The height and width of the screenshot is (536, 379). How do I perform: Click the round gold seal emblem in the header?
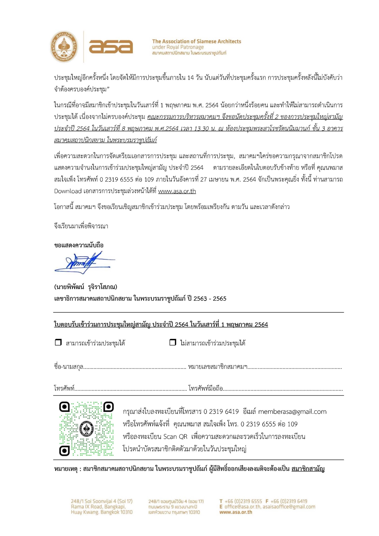click(64, 47)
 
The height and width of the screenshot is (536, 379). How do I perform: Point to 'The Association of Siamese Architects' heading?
click(196, 41)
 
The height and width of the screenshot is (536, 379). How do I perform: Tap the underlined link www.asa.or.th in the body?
click(177, 191)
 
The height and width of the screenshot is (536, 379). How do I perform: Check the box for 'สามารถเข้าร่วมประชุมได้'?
click(58, 342)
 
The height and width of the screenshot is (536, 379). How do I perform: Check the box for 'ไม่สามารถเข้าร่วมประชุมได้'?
click(173, 342)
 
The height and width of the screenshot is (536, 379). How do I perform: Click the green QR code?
click(86, 428)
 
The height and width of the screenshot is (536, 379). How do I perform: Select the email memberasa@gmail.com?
click(292, 412)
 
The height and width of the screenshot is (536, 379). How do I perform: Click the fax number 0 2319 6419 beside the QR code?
click(221, 412)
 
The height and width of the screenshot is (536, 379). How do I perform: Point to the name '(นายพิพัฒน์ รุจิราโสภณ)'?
click(86, 287)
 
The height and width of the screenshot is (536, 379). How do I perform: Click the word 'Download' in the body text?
click(68, 191)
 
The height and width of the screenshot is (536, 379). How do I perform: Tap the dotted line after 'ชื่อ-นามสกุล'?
click(134, 368)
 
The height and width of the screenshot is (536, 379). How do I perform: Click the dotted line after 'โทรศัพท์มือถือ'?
click(283, 389)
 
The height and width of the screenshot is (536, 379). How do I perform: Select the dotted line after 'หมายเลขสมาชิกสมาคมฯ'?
click(294, 368)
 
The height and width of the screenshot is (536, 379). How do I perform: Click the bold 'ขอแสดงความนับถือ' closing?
click(79, 245)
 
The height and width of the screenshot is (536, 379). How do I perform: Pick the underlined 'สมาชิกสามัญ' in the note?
click(308, 469)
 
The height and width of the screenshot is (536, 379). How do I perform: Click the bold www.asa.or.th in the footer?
click(236, 512)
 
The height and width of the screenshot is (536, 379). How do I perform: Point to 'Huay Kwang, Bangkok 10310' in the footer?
click(102, 512)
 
